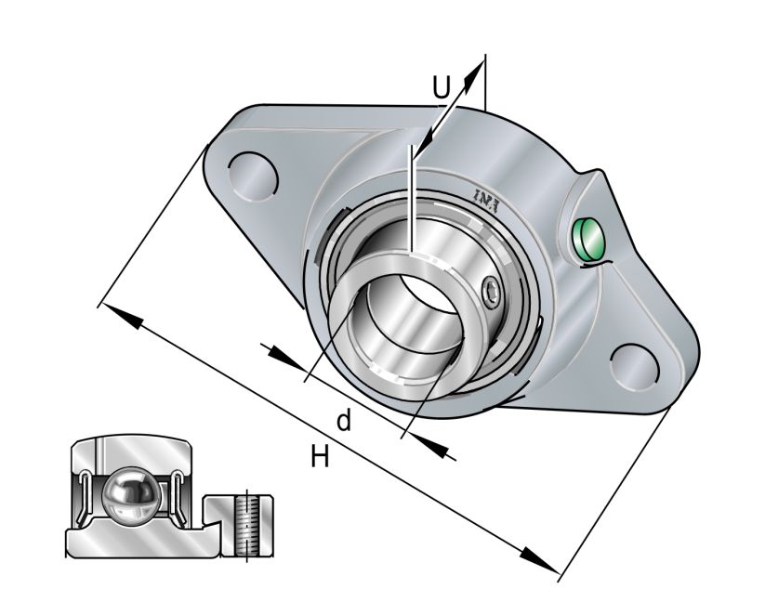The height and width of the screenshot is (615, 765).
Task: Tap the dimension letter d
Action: coord(344,422)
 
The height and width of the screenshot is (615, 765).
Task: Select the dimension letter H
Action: coord(320,457)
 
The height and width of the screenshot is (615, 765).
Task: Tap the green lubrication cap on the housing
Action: coord(587,239)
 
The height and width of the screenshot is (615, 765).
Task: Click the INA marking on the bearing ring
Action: coord(486,199)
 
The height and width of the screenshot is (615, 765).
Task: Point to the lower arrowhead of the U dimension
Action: coord(422,147)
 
